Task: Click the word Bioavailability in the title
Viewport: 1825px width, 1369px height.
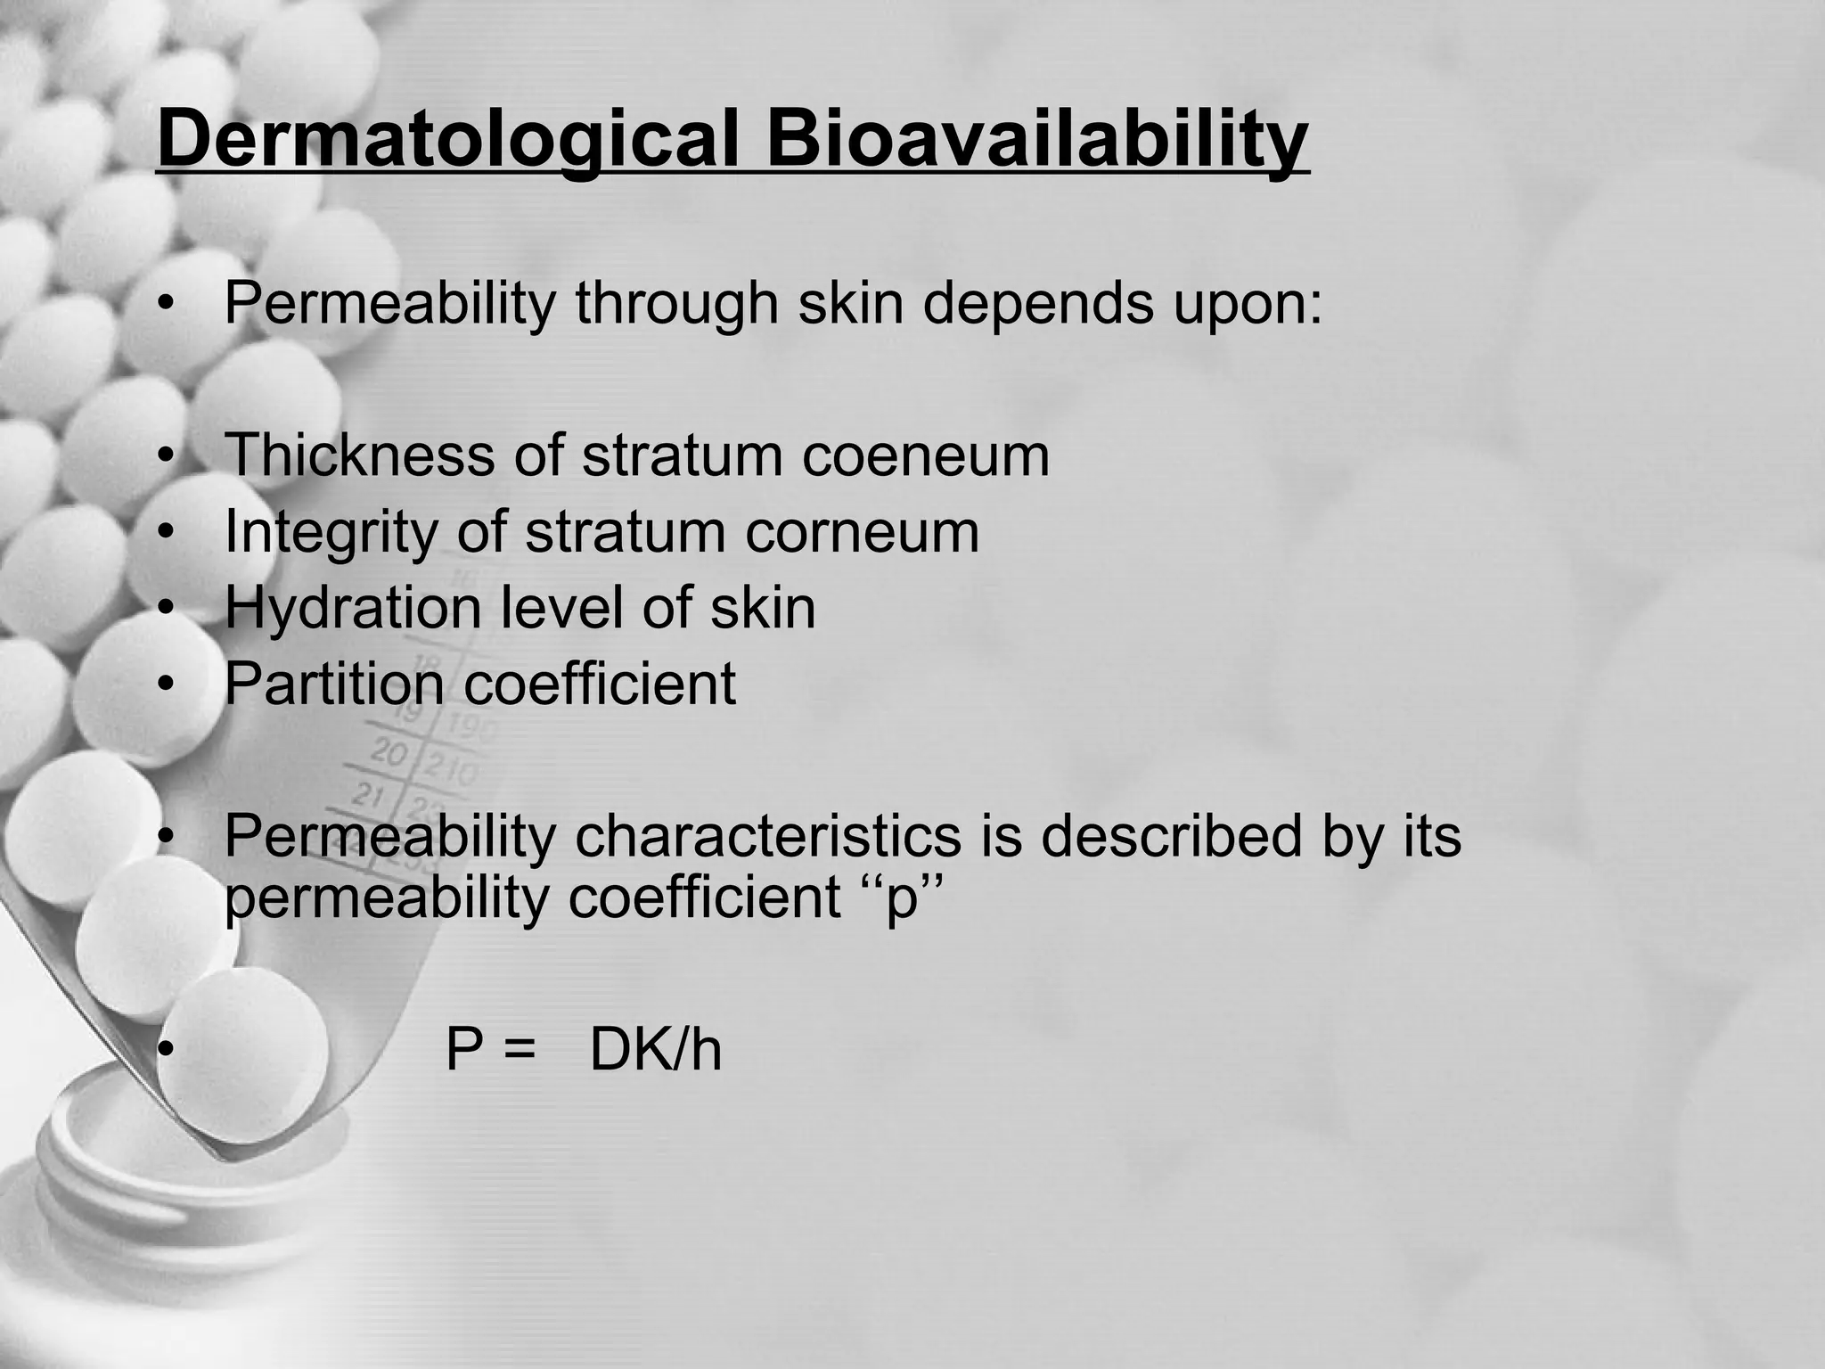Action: coord(1037,141)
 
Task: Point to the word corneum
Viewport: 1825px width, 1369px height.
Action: coord(862,533)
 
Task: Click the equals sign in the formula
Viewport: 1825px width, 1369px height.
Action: coord(520,1052)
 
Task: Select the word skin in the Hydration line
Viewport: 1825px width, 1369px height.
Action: coord(762,609)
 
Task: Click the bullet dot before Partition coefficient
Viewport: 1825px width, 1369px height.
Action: coord(164,684)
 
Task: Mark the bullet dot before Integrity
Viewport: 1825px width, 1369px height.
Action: coord(164,533)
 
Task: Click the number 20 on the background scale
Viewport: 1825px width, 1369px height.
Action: coord(388,751)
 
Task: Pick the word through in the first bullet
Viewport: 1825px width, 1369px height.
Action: coord(676,305)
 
